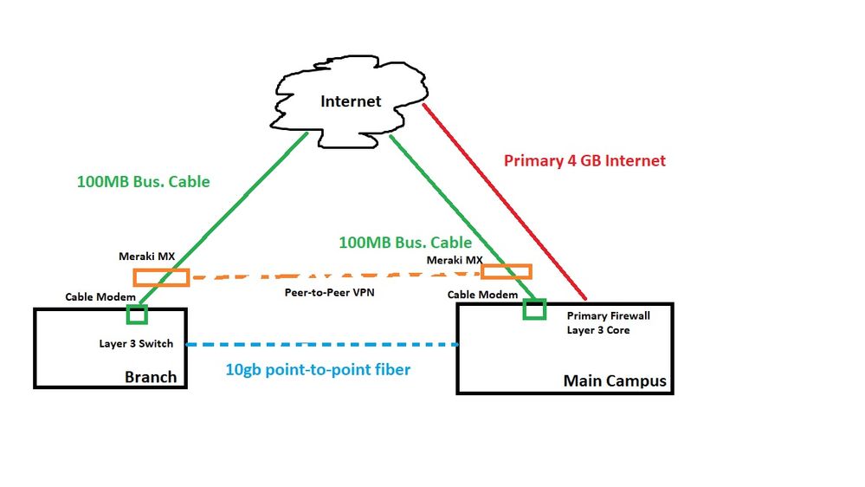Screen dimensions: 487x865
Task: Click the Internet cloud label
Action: (351, 101)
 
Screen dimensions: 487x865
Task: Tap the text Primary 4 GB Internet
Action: (584, 160)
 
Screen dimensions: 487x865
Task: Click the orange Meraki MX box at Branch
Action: (160, 277)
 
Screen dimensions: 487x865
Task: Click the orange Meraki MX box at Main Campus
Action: (506, 271)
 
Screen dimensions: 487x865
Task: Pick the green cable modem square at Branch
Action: (137, 312)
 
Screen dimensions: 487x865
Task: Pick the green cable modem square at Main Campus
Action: (534, 308)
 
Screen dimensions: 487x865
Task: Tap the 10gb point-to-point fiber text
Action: (318, 370)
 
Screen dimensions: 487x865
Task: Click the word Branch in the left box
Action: (151, 377)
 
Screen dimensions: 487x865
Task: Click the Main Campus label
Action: (615, 380)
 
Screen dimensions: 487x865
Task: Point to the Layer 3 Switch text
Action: (136, 343)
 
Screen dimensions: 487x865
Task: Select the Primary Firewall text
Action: (608, 315)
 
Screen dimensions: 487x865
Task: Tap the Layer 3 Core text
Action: (598, 330)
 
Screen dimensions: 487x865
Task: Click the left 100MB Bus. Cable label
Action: (144, 182)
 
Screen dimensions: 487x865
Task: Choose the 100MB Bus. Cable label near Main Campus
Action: (405, 242)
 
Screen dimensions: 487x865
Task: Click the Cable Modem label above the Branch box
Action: (100, 296)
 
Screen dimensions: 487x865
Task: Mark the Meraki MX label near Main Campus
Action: (455, 259)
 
